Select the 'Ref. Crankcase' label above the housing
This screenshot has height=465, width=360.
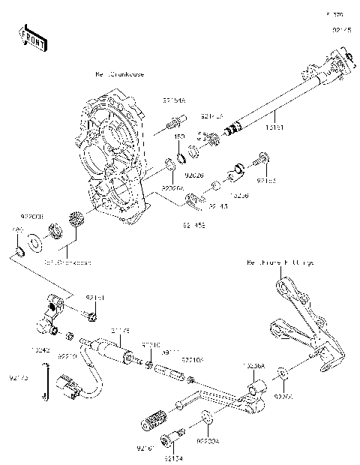pyautogui.click(x=119, y=75)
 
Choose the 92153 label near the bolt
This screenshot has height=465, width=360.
pyautogui.click(x=266, y=181)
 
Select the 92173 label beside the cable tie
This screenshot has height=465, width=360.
pyautogui.click(x=19, y=378)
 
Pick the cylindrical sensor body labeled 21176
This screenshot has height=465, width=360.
pyautogui.click(x=112, y=349)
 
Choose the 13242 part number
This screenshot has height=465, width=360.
pyautogui.click(x=41, y=349)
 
